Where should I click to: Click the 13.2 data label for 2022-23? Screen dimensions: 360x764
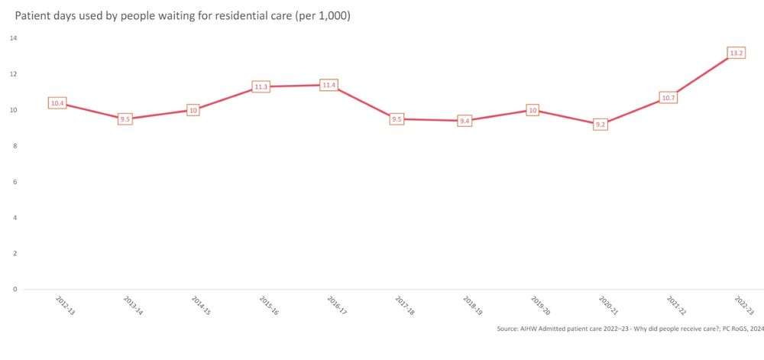736,53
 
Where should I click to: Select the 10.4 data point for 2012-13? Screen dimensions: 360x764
57,102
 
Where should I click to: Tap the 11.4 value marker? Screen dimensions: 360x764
329,85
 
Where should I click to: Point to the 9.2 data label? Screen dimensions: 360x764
601,124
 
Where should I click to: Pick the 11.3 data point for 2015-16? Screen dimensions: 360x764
261,86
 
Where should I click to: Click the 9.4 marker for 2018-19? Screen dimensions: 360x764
465,121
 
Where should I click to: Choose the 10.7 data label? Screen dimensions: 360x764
668,97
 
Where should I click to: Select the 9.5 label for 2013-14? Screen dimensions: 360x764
125,119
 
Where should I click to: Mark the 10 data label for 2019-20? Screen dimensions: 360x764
533,110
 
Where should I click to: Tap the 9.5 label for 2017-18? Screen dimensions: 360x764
397,119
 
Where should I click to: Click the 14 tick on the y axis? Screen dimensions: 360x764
14,38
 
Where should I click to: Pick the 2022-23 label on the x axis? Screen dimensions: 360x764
743,304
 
